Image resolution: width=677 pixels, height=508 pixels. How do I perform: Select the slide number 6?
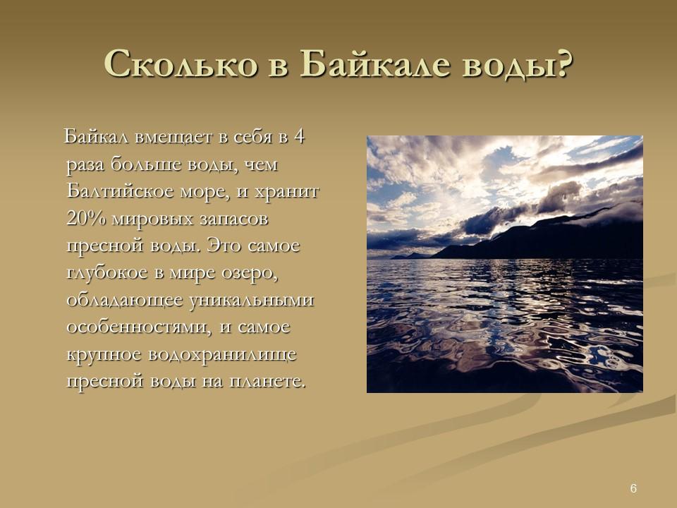point(633,489)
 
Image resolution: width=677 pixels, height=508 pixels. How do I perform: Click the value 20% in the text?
point(85,218)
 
